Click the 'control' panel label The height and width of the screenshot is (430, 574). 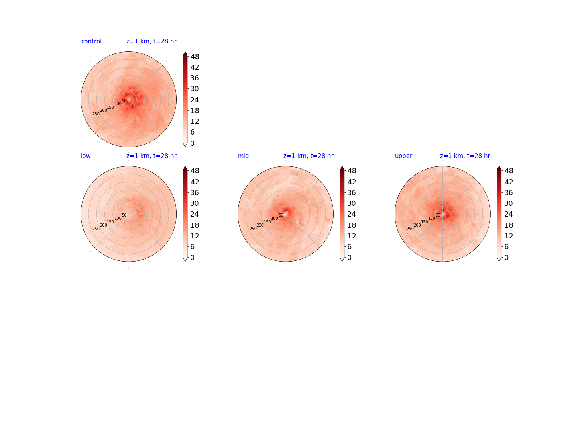pos(91,41)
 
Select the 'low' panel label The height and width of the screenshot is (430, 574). pos(86,156)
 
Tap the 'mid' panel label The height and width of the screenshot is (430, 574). pos(243,156)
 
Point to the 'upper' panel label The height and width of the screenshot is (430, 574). pos(403,156)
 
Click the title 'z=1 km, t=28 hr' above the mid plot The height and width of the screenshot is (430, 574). pos(308,156)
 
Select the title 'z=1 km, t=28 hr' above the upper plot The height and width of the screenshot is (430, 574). pos(465,156)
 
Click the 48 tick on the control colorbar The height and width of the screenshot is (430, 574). pos(195,57)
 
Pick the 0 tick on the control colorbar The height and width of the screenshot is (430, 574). pos(192,143)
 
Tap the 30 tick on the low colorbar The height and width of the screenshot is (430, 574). pos(195,203)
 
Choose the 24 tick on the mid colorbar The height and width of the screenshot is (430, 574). pos(352,214)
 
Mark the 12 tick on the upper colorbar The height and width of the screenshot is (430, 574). pos(508,236)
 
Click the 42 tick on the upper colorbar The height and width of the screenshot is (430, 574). pos(508,182)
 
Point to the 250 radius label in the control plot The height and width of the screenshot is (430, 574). pos(96,114)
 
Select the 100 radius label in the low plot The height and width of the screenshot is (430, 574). pos(118,218)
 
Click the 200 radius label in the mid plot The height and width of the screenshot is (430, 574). pos(260,225)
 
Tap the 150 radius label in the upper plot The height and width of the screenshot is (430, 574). pos(425,222)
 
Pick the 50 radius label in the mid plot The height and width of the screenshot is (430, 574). pos(281,215)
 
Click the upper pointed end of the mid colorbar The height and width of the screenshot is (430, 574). pos(342,166)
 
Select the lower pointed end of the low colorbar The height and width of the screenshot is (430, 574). pos(185,261)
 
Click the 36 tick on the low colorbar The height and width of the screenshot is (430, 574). pos(195,192)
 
